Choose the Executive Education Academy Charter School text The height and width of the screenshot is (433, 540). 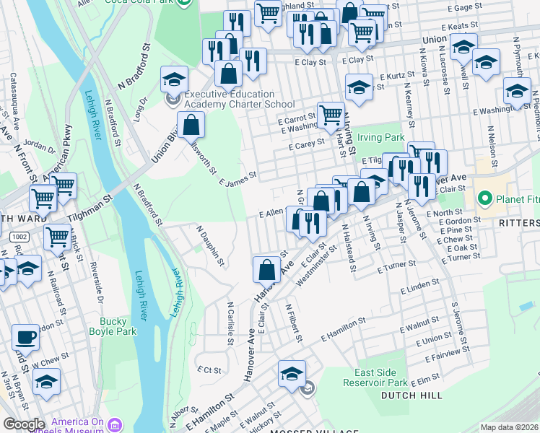229,99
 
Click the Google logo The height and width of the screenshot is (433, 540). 23,424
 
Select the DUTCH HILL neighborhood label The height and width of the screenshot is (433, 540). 409,395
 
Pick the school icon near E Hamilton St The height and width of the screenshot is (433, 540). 292,374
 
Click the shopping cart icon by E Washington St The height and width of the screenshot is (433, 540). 330,115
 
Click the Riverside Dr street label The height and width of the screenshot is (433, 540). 96,277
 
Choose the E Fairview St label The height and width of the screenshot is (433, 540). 447,353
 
